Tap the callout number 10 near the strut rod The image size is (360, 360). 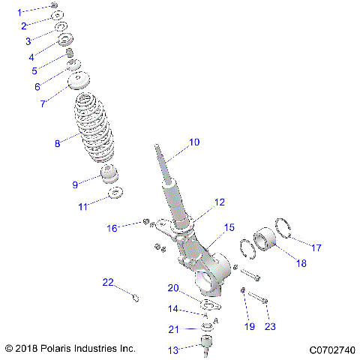tap(194, 141)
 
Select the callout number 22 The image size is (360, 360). tap(108, 282)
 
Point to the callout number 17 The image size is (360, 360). tap(316, 247)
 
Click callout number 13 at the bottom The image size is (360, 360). tap(173, 350)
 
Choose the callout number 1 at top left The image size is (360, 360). tap(20, 11)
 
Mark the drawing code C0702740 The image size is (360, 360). tap(331, 349)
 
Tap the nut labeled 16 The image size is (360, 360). tap(144, 222)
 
